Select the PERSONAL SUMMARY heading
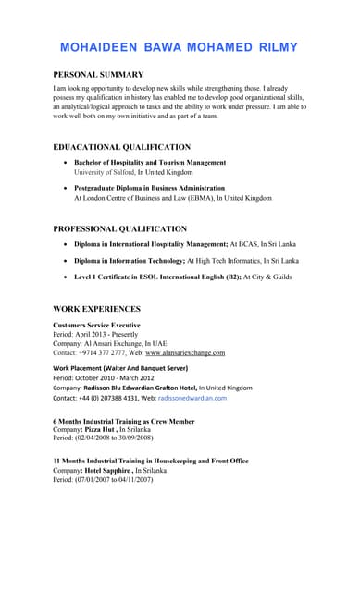click(x=98, y=74)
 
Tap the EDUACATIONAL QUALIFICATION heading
click(x=122, y=147)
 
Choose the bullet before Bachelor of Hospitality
click(x=63, y=163)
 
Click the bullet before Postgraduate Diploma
click(x=63, y=188)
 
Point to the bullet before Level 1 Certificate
click(x=63, y=277)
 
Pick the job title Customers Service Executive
click(x=97, y=326)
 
